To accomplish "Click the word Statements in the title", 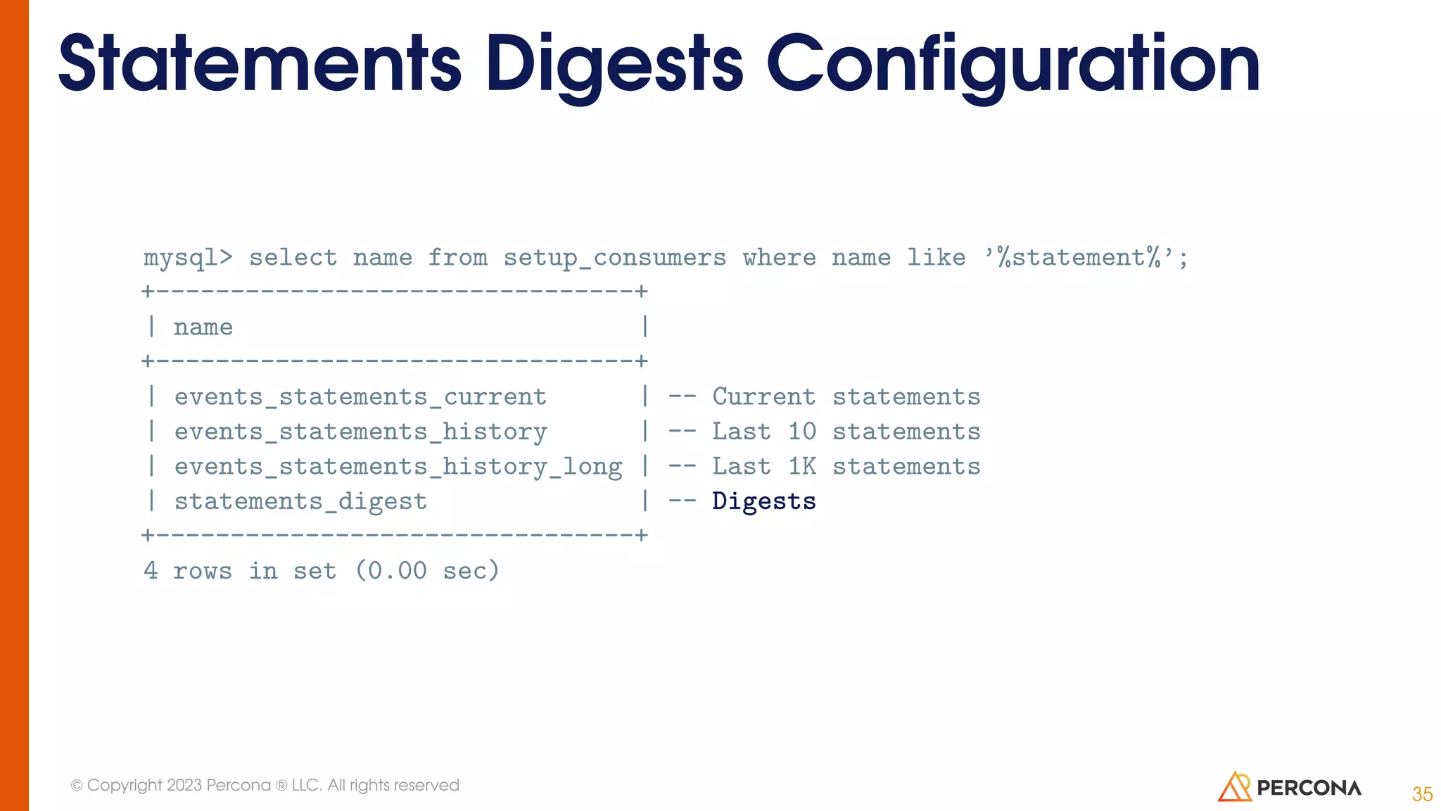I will pyautogui.click(x=260, y=65).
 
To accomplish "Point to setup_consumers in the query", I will pyautogui.click(x=614, y=258).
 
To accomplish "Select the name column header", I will pyautogui.click(x=203, y=327).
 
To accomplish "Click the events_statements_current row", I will pyautogui.click(x=360, y=397).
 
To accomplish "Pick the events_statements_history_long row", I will pyautogui.click(x=398, y=467).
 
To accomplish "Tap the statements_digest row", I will pyautogui.click(x=300, y=501).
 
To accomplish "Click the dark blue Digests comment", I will pyautogui.click(x=764, y=501).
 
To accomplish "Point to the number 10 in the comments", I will pyautogui.click(x=801, y=432).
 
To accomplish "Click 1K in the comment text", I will pyautogui.click(x=801, y=467).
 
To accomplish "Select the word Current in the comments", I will pyautogui.click(x=764, y=397).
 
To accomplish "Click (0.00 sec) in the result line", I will pyautogui.click(x=427, y=570).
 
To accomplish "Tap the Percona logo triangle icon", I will pyautogui.click(x=1234, y=787).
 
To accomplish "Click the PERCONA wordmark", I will pyautogui.click(x=1309, y=788).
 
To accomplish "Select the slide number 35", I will pyautogui.click(x=1422, y=794).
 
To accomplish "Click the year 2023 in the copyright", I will pyautogui.click(x=184, y=785).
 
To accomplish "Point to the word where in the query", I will pyautogui.click(x=779, y=258).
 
